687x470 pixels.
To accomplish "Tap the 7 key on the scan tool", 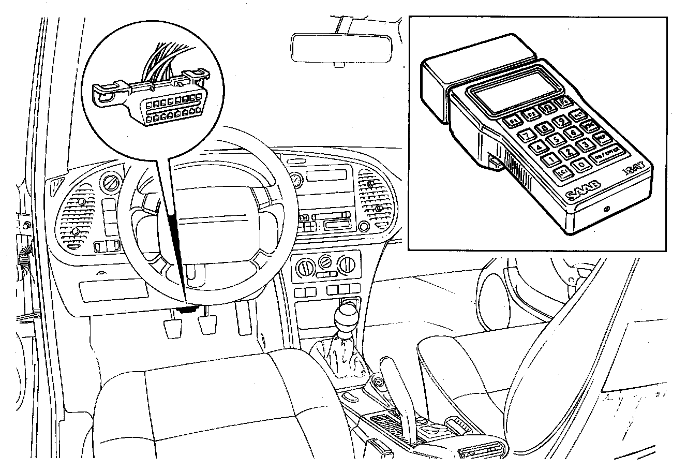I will pos(527,136).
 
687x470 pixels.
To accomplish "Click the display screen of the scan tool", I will pos(515,90).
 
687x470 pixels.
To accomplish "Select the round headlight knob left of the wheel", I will pos(111,182).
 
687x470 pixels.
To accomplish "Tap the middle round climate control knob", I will pos(324,262).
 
